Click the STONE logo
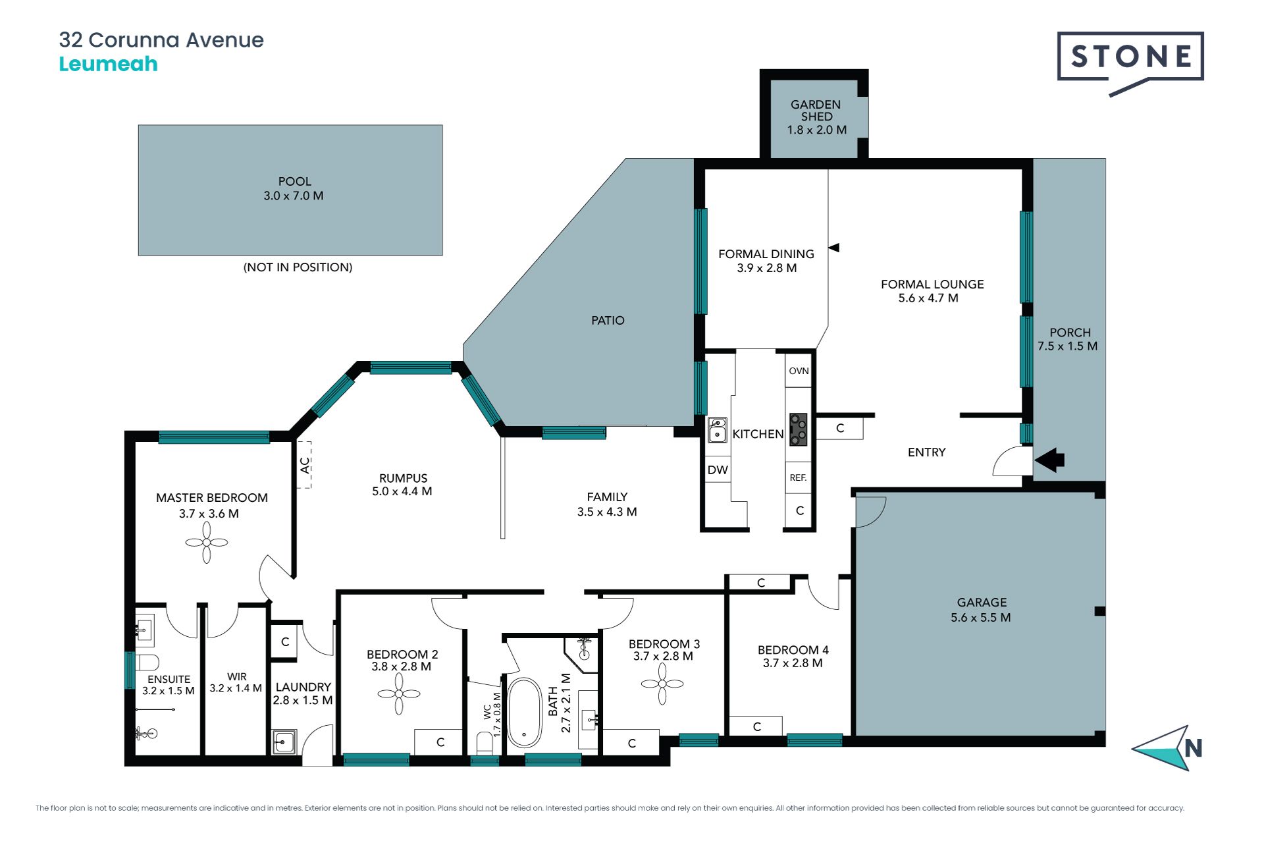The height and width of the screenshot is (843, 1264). click(x=1130, y=63)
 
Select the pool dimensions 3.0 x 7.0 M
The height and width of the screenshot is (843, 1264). click(x=294, y=196)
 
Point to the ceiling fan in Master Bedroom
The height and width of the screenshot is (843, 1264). click(x=207, y=543)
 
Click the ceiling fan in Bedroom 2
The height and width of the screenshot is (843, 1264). click(x=399, y=693)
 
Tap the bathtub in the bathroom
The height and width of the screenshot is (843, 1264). click(x=525, y=712)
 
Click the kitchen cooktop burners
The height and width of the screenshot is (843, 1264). click(x=799, y=429)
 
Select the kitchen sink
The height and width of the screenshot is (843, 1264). click(x=717, y=429)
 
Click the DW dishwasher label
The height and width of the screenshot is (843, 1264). click(x=718, y=470)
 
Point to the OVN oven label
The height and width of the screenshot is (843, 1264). click(x=799, y=371)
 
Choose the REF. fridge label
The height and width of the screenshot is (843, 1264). click(x=798, y=477)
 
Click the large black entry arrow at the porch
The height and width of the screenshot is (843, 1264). click(x=1049, y=460)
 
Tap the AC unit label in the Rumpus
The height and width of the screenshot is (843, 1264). click(x=305, y=465)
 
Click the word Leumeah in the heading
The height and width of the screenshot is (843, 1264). click(x=109, y=64)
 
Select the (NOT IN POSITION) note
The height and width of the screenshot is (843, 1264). click(x=298, y=267)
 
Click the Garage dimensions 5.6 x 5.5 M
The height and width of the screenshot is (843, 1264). click(x=981, y=617)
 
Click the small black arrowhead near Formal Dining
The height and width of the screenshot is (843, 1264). click(x=833, y=248)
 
